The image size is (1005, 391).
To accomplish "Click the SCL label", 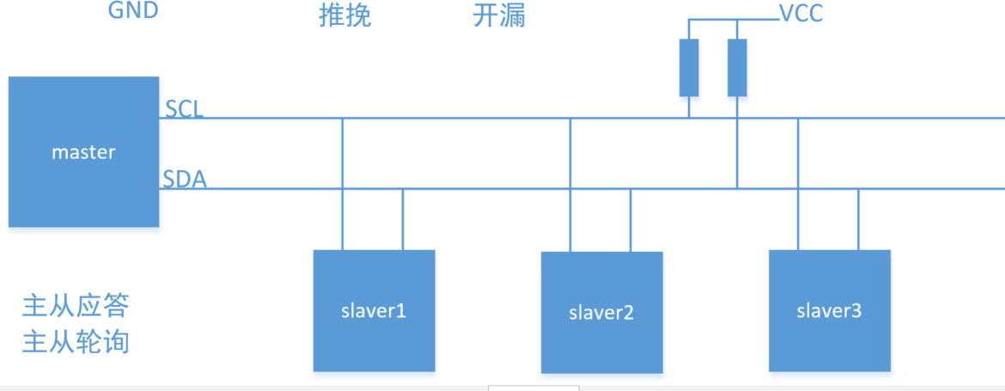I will click(184, 109).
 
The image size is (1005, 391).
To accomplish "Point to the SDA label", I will click(184, 180).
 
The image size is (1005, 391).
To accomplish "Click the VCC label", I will click(800, 15).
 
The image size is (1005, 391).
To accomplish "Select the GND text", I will click(133, 11).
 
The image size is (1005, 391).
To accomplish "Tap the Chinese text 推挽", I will click(344, 15).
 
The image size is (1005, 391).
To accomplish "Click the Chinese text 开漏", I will click(499, 15).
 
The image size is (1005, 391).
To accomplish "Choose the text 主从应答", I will click(76, 306).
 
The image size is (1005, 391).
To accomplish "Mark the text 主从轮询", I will click(76, 341).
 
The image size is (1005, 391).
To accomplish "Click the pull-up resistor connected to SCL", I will click(689, 67).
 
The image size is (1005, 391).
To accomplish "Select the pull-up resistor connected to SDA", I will click(737, 67).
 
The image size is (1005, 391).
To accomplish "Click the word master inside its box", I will click(83, 152).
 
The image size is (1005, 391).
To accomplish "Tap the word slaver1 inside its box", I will click(374, 310).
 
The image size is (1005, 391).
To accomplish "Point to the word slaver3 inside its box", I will click(829, 310).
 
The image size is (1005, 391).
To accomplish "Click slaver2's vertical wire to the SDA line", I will click(630, 220).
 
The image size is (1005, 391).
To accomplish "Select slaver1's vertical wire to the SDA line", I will click(403, 219).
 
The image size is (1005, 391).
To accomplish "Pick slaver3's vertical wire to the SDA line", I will click(858, 219).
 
